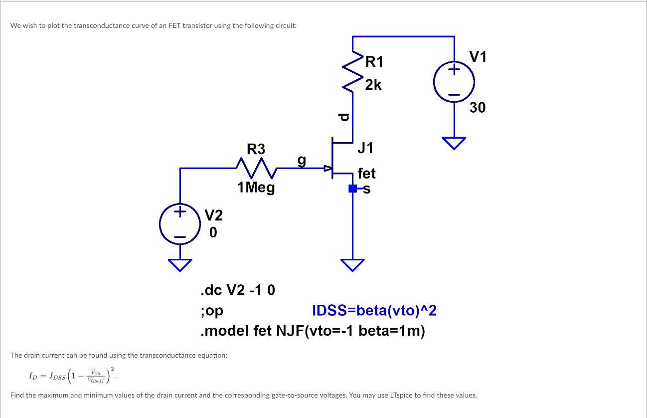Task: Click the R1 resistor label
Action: point(374,62)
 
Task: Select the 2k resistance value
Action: point(373,85)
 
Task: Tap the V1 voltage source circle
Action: point(454,82)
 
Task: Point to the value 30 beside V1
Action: point(477,107)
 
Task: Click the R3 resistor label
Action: point(256,149)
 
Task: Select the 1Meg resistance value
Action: point(256,188)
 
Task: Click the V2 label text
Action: point(214,215)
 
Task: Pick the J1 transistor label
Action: point(365,148)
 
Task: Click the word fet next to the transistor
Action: point(366,174)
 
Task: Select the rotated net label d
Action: point(342,117)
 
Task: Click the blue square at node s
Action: point(352,189)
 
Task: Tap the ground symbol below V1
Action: point(454,143)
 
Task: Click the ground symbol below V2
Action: point(179,264)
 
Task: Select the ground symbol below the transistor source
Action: point(352,264)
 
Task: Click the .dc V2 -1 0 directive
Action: point(237,290)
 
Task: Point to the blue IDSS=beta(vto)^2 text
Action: point(374,311)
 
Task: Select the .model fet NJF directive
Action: point(312,331)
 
